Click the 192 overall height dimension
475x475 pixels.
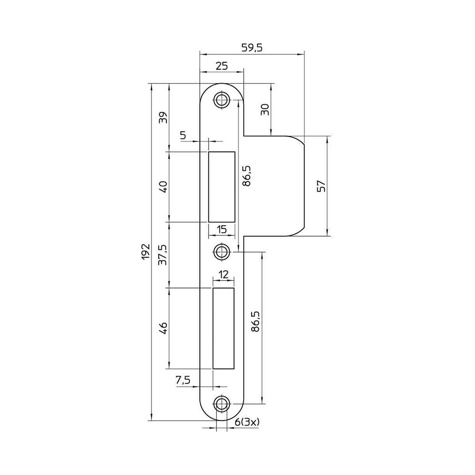pyautogui.click(x=146, y=251)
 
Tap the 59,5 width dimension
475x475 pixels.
pyautogui.click(x=252, y=47)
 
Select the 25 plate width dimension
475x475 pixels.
pyautogui.click(x=221, y=66)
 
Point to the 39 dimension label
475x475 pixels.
pyautogui.click(x=163, y=117)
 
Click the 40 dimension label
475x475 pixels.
pyautogui.click(x=163, y=187)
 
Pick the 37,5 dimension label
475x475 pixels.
pyautogui.click(x=163, y=255)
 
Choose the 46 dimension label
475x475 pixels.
pyautogui.click(x=163, y=328)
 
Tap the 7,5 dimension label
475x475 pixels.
pyautogui.click(x=183, y=380)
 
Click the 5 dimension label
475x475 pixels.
pyautogui.click(x=183, y=135)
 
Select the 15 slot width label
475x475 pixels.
pyautogui.click(x=222, y=229)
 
